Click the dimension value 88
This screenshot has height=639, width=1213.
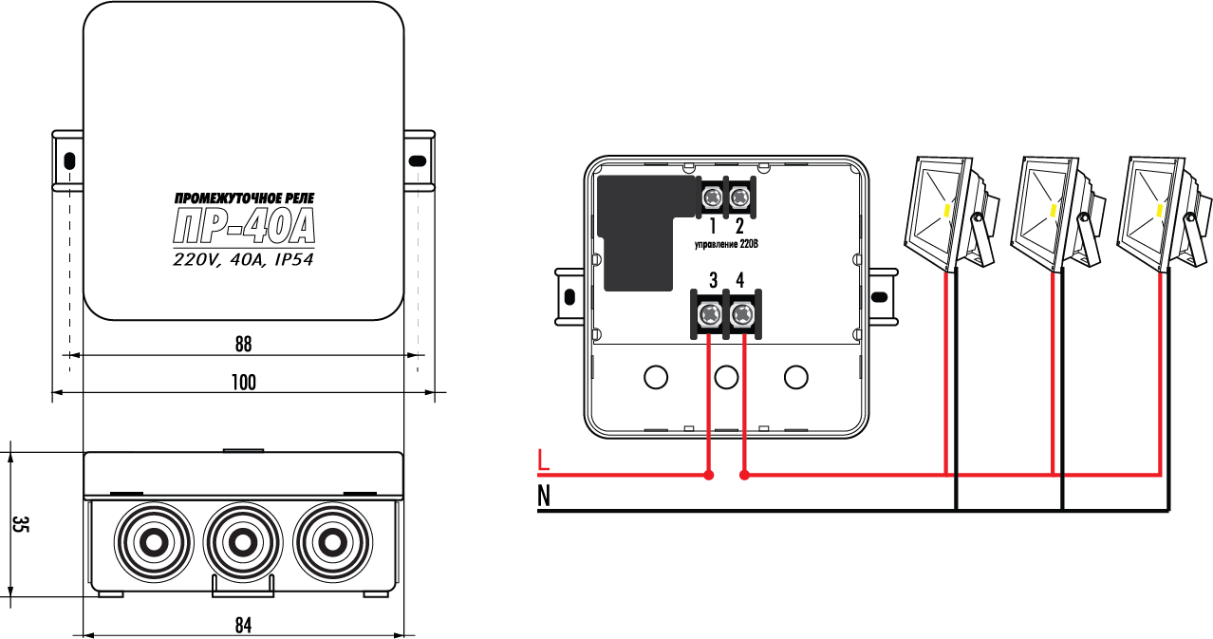[244, 343]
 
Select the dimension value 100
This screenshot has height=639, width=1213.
[244, 383]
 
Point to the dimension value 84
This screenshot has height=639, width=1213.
[244, 624]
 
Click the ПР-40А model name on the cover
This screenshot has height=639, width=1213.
[244, 227]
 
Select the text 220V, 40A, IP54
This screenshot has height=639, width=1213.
[244, 259]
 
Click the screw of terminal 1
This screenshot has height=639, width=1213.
[712, 197]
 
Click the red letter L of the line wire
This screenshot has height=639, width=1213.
[543, 460]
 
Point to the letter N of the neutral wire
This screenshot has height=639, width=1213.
[544, 495]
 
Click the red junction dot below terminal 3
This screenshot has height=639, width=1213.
[708, 474]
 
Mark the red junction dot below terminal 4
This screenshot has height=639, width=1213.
[744, 474]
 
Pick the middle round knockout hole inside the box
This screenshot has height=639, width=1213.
[726, 378]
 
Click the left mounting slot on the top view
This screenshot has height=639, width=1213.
[68, 160]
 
